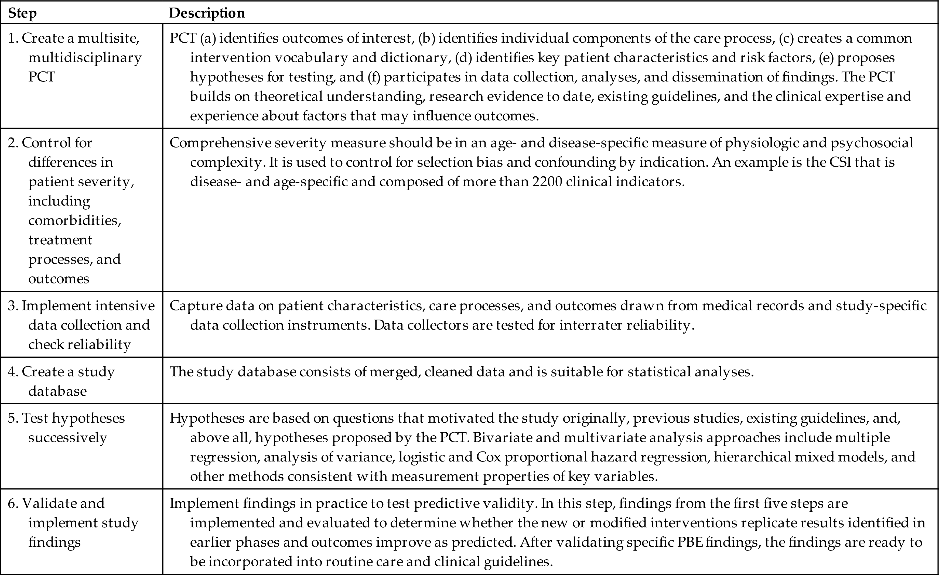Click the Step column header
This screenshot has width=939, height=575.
[22, 13]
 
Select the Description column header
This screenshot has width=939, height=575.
[207, 13]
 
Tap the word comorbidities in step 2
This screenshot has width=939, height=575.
[75, 221]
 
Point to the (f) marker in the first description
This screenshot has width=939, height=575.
[374, 77]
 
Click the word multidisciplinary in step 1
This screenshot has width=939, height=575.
[85, 57]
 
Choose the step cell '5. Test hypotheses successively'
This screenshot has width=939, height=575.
[67, 427]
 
